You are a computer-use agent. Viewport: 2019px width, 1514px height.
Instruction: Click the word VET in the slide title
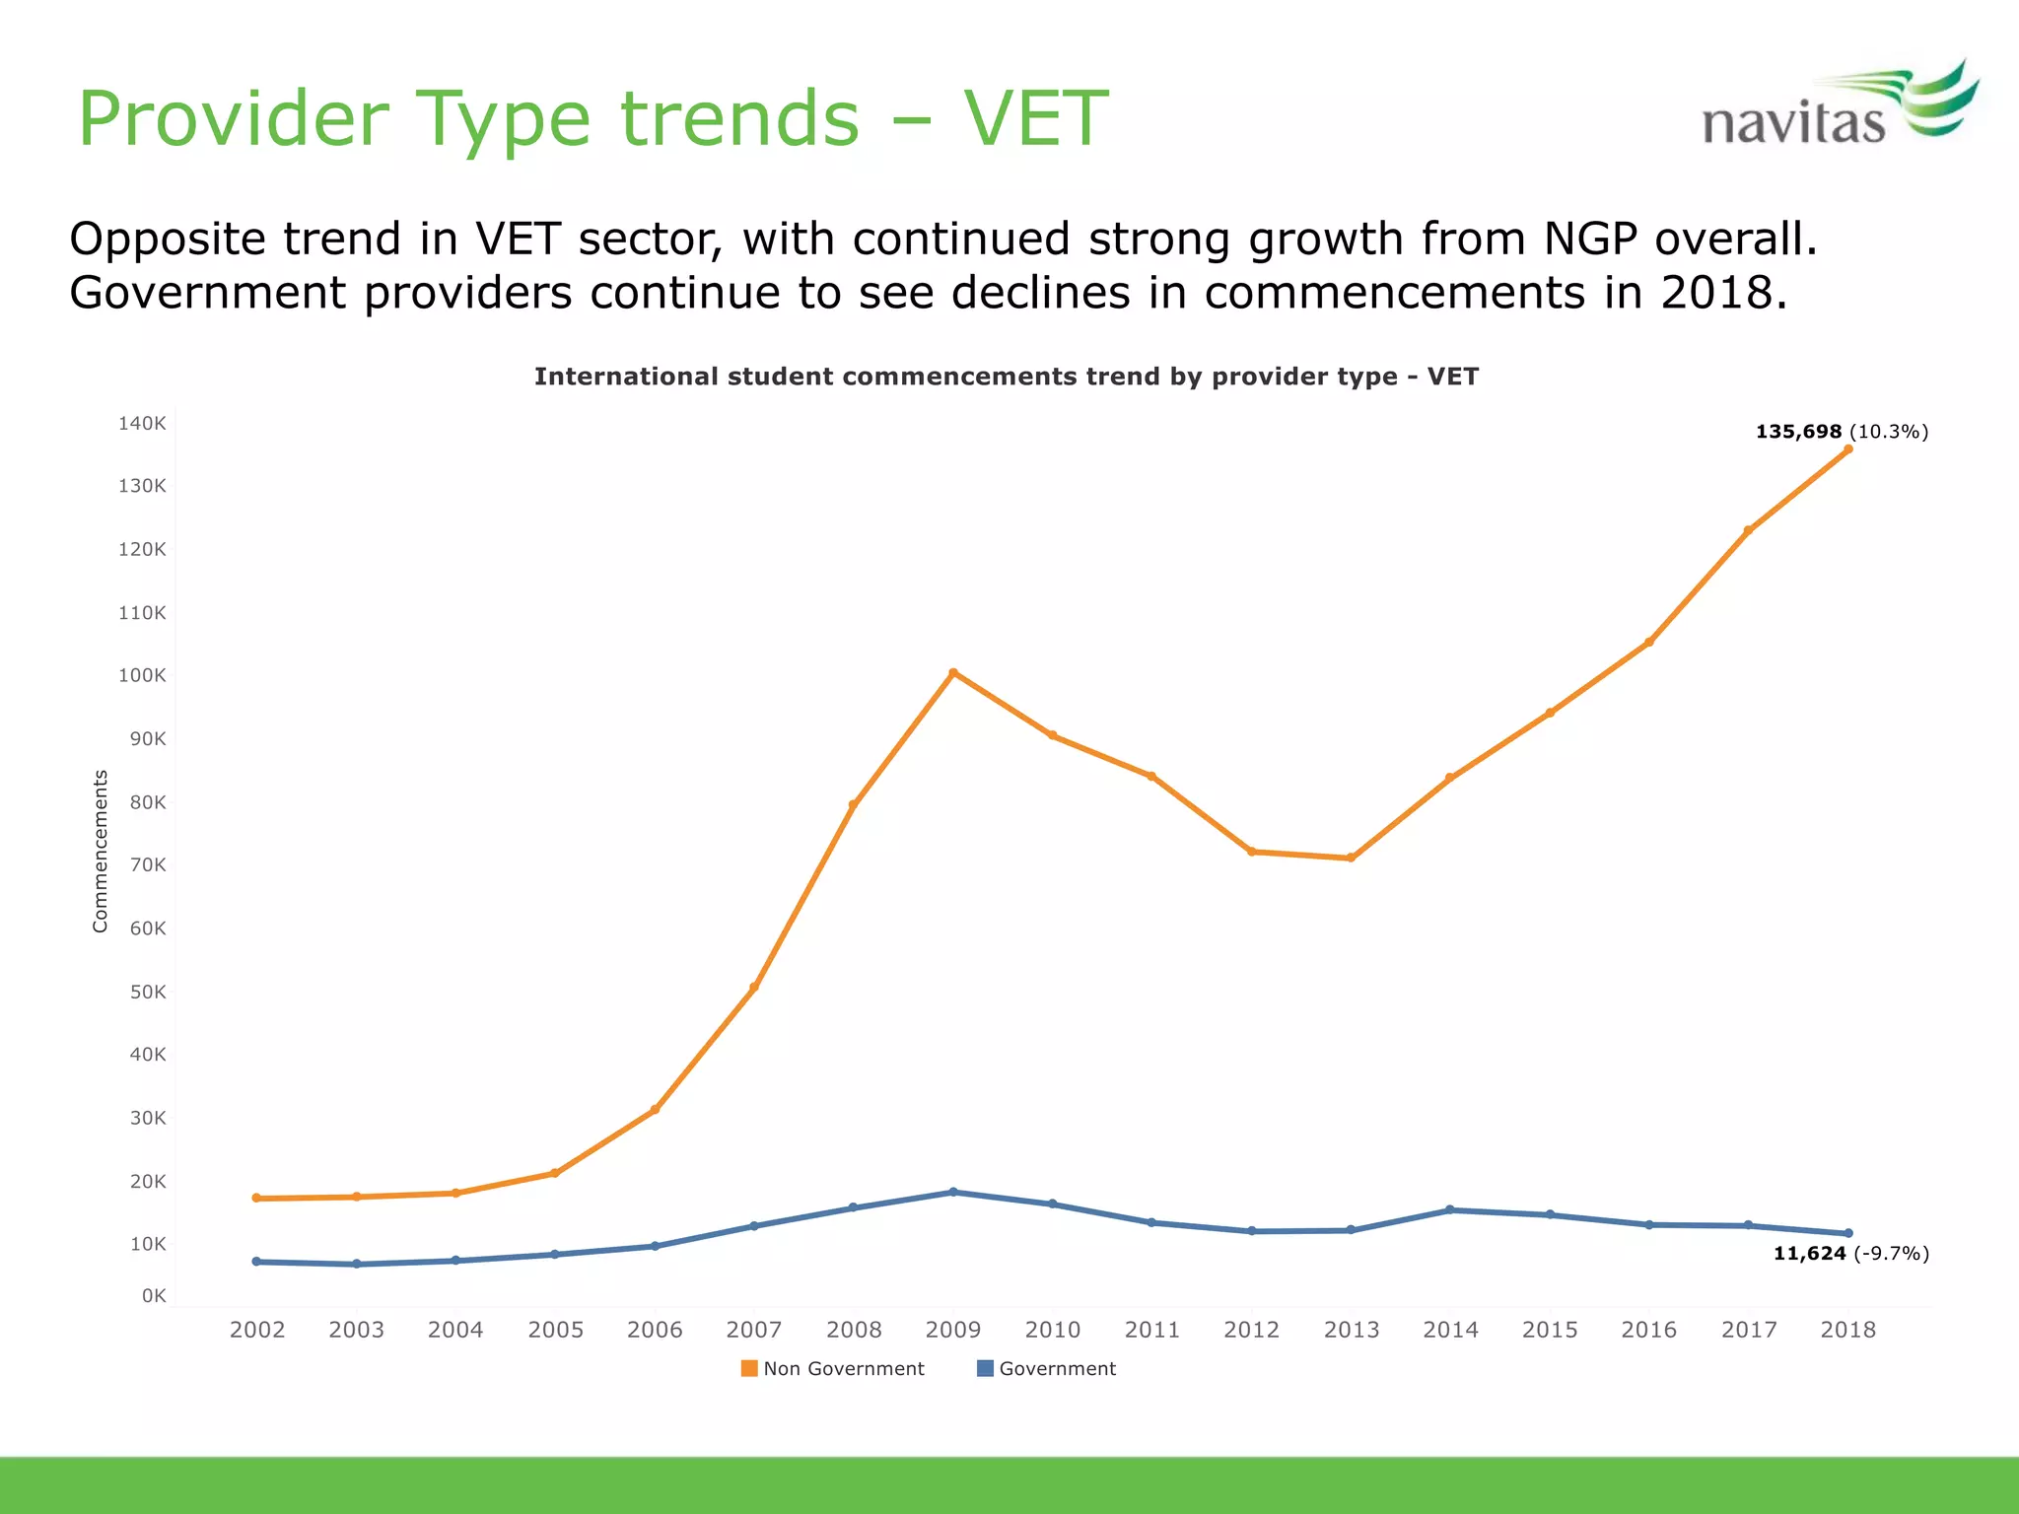click(1035, 119)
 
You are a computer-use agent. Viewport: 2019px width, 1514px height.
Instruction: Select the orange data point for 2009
click(953, 673)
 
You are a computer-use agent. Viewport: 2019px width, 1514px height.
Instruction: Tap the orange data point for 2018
click(1848, 449)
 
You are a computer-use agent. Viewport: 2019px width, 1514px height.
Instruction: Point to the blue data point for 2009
click(953, 1192)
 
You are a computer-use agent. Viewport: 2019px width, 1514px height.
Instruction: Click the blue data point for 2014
click(1450, 1209)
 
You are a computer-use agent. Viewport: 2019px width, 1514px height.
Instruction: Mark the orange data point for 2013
click(1351, 858)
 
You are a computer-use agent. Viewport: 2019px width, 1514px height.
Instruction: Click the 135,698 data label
click(1798, 432)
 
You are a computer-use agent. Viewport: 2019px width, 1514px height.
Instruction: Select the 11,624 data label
click(1809, 1254)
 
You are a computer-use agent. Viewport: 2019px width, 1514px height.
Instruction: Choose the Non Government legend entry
click(833, 1368)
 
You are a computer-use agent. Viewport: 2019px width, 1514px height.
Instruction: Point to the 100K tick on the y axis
click(142, 675)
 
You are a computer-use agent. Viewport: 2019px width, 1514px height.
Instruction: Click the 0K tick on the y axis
click(154, 1295)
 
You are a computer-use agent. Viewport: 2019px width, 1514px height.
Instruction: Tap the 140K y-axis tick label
click(142, 423)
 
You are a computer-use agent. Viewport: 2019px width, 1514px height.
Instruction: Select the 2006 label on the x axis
click(655, 1330)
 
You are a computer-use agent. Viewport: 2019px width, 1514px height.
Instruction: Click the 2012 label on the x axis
click(1251, 1330)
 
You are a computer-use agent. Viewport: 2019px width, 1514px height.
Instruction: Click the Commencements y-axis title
click(100, 851)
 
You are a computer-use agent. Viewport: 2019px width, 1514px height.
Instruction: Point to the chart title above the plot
click(1006, 377)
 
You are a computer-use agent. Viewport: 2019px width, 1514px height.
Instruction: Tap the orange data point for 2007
click(754, 987)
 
